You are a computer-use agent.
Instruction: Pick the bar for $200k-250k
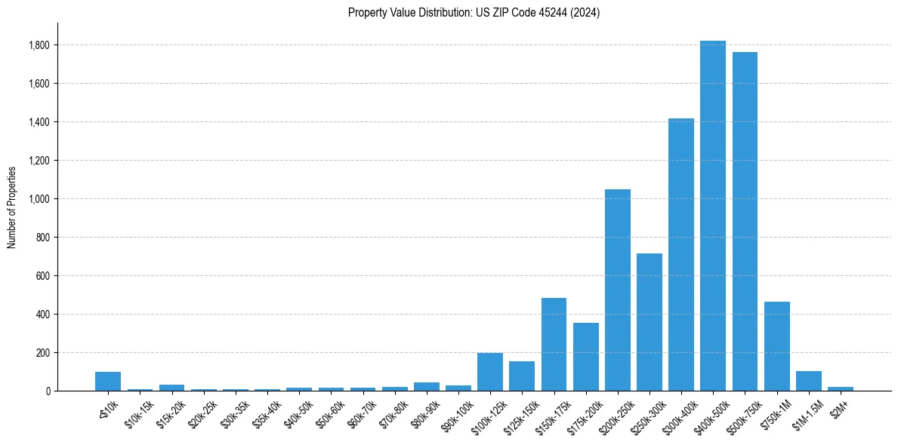(617, 290)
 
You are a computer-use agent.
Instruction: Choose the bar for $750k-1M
(776, 346)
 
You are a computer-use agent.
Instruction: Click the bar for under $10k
(108, 381)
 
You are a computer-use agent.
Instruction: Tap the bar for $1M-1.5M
(808, 381)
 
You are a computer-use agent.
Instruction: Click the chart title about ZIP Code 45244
(474, 13)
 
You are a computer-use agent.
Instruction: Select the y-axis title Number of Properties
(12, 207)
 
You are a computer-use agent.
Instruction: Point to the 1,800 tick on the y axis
(39, 45)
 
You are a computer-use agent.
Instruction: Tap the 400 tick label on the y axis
(42, 315)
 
